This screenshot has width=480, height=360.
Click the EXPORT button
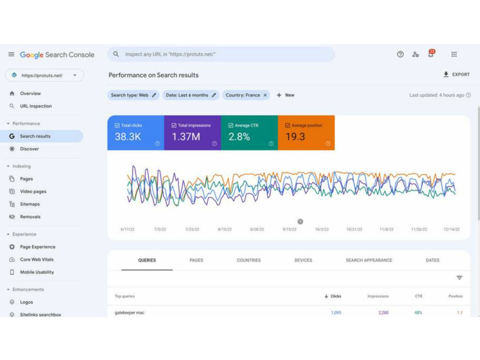456,74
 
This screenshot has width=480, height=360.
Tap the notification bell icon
431,54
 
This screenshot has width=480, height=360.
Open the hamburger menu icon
12,55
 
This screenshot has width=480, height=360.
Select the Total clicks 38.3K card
136,133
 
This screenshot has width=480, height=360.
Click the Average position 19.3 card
306,133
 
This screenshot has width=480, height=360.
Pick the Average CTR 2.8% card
250,133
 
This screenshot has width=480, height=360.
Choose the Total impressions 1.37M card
192,133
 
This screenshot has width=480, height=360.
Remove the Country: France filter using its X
265,95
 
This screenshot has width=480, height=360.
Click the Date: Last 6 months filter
191,95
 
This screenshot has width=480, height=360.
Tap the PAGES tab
196,260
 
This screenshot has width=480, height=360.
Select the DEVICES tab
303,260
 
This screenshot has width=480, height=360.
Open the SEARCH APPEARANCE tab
369,260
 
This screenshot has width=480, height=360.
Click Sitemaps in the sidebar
30,204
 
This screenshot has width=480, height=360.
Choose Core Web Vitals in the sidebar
37,260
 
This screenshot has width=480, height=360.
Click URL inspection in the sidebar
36,106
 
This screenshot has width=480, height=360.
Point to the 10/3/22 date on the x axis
322,229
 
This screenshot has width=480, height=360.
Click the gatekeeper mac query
130,312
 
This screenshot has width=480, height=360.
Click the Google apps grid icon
454,55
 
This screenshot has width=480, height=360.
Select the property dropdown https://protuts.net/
44,75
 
